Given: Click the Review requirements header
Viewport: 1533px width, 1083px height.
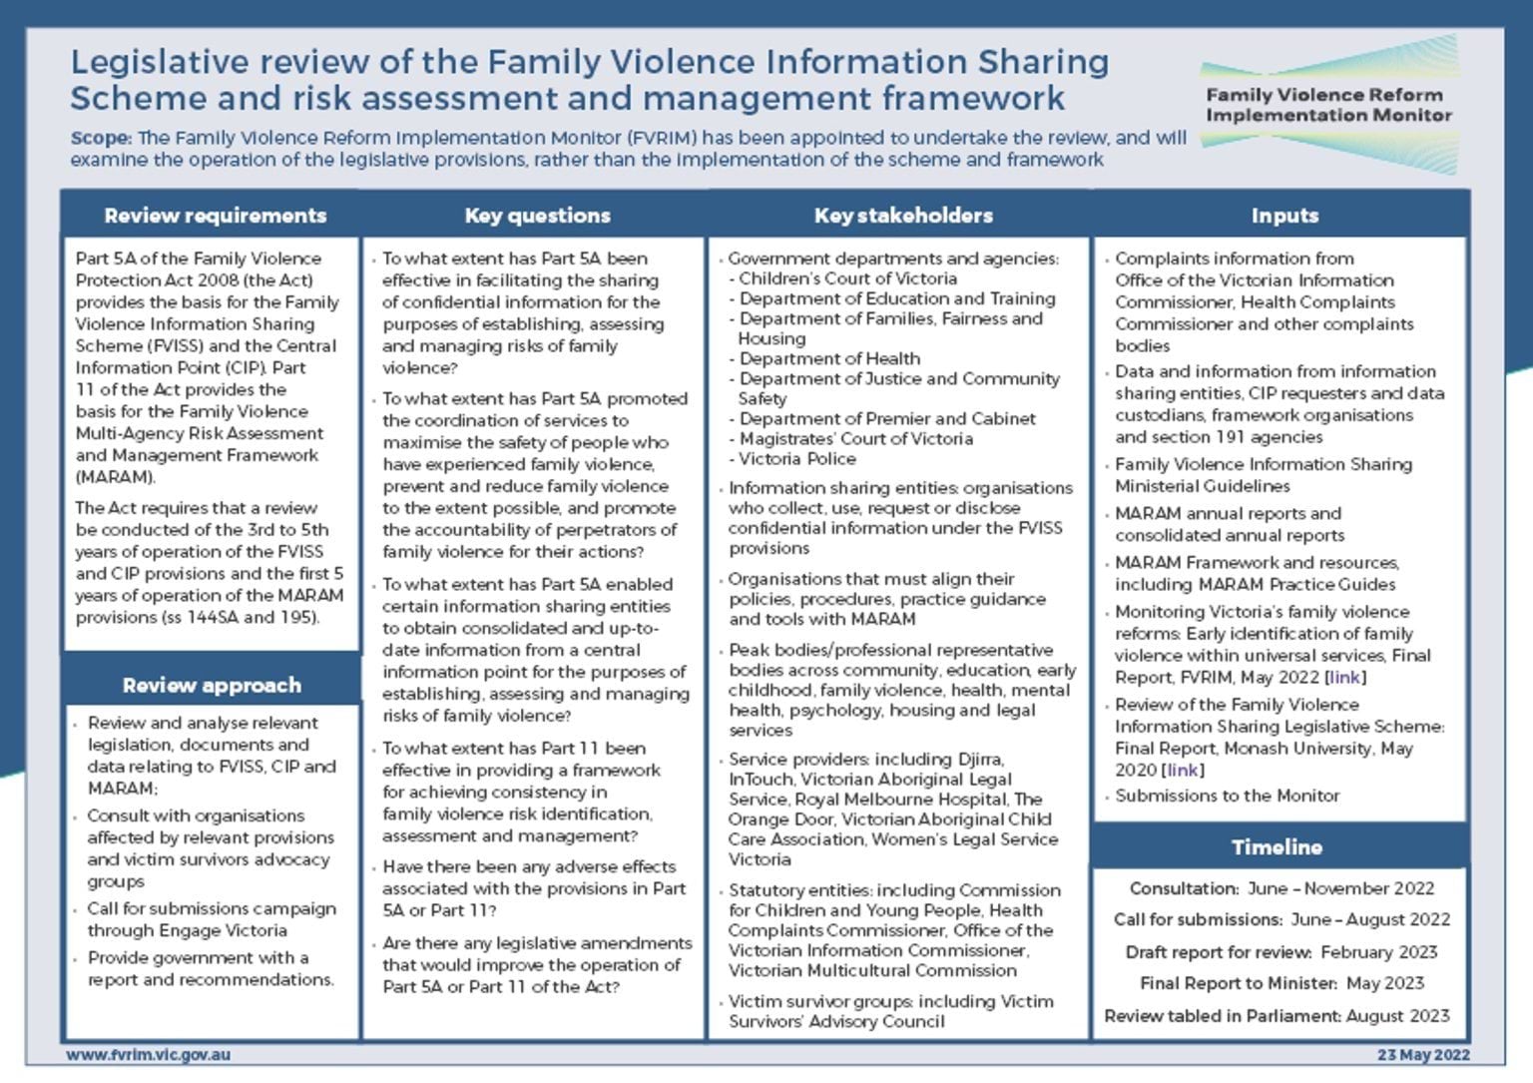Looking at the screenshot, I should point(215,216).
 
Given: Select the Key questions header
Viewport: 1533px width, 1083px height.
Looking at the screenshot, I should point(537,216).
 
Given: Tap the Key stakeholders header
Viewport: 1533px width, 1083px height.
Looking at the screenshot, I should point(903,216).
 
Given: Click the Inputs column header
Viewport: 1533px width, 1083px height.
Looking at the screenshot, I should point(1284,216).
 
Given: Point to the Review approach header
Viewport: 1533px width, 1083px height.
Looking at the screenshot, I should point(212,685).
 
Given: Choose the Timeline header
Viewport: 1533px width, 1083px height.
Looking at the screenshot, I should point(1277,847).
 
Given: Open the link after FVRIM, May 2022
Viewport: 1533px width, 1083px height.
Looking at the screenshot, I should point(1344,678).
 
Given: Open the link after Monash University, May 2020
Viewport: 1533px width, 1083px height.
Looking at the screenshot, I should point(1183,771).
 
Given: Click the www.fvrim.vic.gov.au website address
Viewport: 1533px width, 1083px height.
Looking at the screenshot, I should point(149,1055).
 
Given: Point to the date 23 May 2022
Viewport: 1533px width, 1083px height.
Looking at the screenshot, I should point(1423,1055).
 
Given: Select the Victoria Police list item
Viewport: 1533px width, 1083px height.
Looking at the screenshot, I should point(796,459).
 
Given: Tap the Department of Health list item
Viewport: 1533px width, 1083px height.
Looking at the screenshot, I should point(828,358).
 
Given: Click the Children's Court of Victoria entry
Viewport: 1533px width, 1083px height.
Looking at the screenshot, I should point(847,278).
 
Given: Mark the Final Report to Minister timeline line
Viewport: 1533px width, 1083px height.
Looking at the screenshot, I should point(1281,983).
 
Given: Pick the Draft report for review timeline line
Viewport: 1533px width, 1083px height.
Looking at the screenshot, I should point(1281,952).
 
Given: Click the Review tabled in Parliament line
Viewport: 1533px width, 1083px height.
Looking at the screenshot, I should point(1277,1016).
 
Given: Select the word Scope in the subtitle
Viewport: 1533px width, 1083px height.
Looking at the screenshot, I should point(100,138).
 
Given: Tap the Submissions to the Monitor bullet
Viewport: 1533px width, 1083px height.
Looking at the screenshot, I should point(1227,796).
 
